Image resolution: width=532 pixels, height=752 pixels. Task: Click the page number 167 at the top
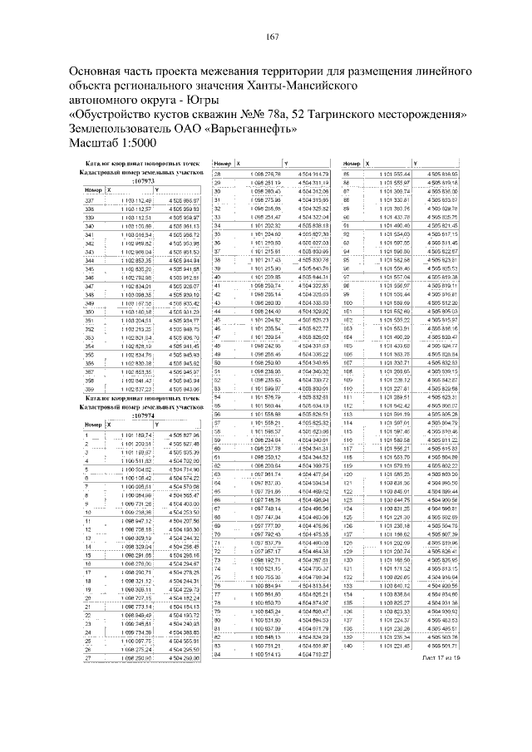(271, 36)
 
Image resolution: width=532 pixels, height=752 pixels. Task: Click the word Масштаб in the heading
(98, 144)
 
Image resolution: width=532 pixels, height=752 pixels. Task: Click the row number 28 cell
(220, 173)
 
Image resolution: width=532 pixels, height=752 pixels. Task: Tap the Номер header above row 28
(222, 164)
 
